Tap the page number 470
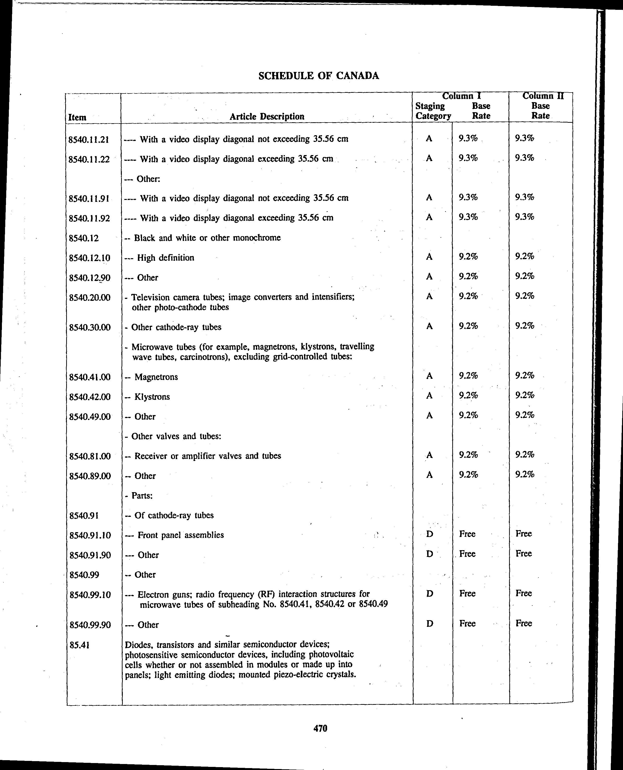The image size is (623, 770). tap(320, 728)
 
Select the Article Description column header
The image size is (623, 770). tap(267, 116)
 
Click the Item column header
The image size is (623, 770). tap(77, 117)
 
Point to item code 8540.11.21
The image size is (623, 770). tap(89, 139)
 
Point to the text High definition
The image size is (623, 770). tap(165, 258)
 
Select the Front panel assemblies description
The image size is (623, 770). tap(181, 535)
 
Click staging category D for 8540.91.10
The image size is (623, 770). tap(429, 534)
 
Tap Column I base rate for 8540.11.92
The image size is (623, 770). tap(468, 217)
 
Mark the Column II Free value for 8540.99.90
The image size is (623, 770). tap(523, 623)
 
